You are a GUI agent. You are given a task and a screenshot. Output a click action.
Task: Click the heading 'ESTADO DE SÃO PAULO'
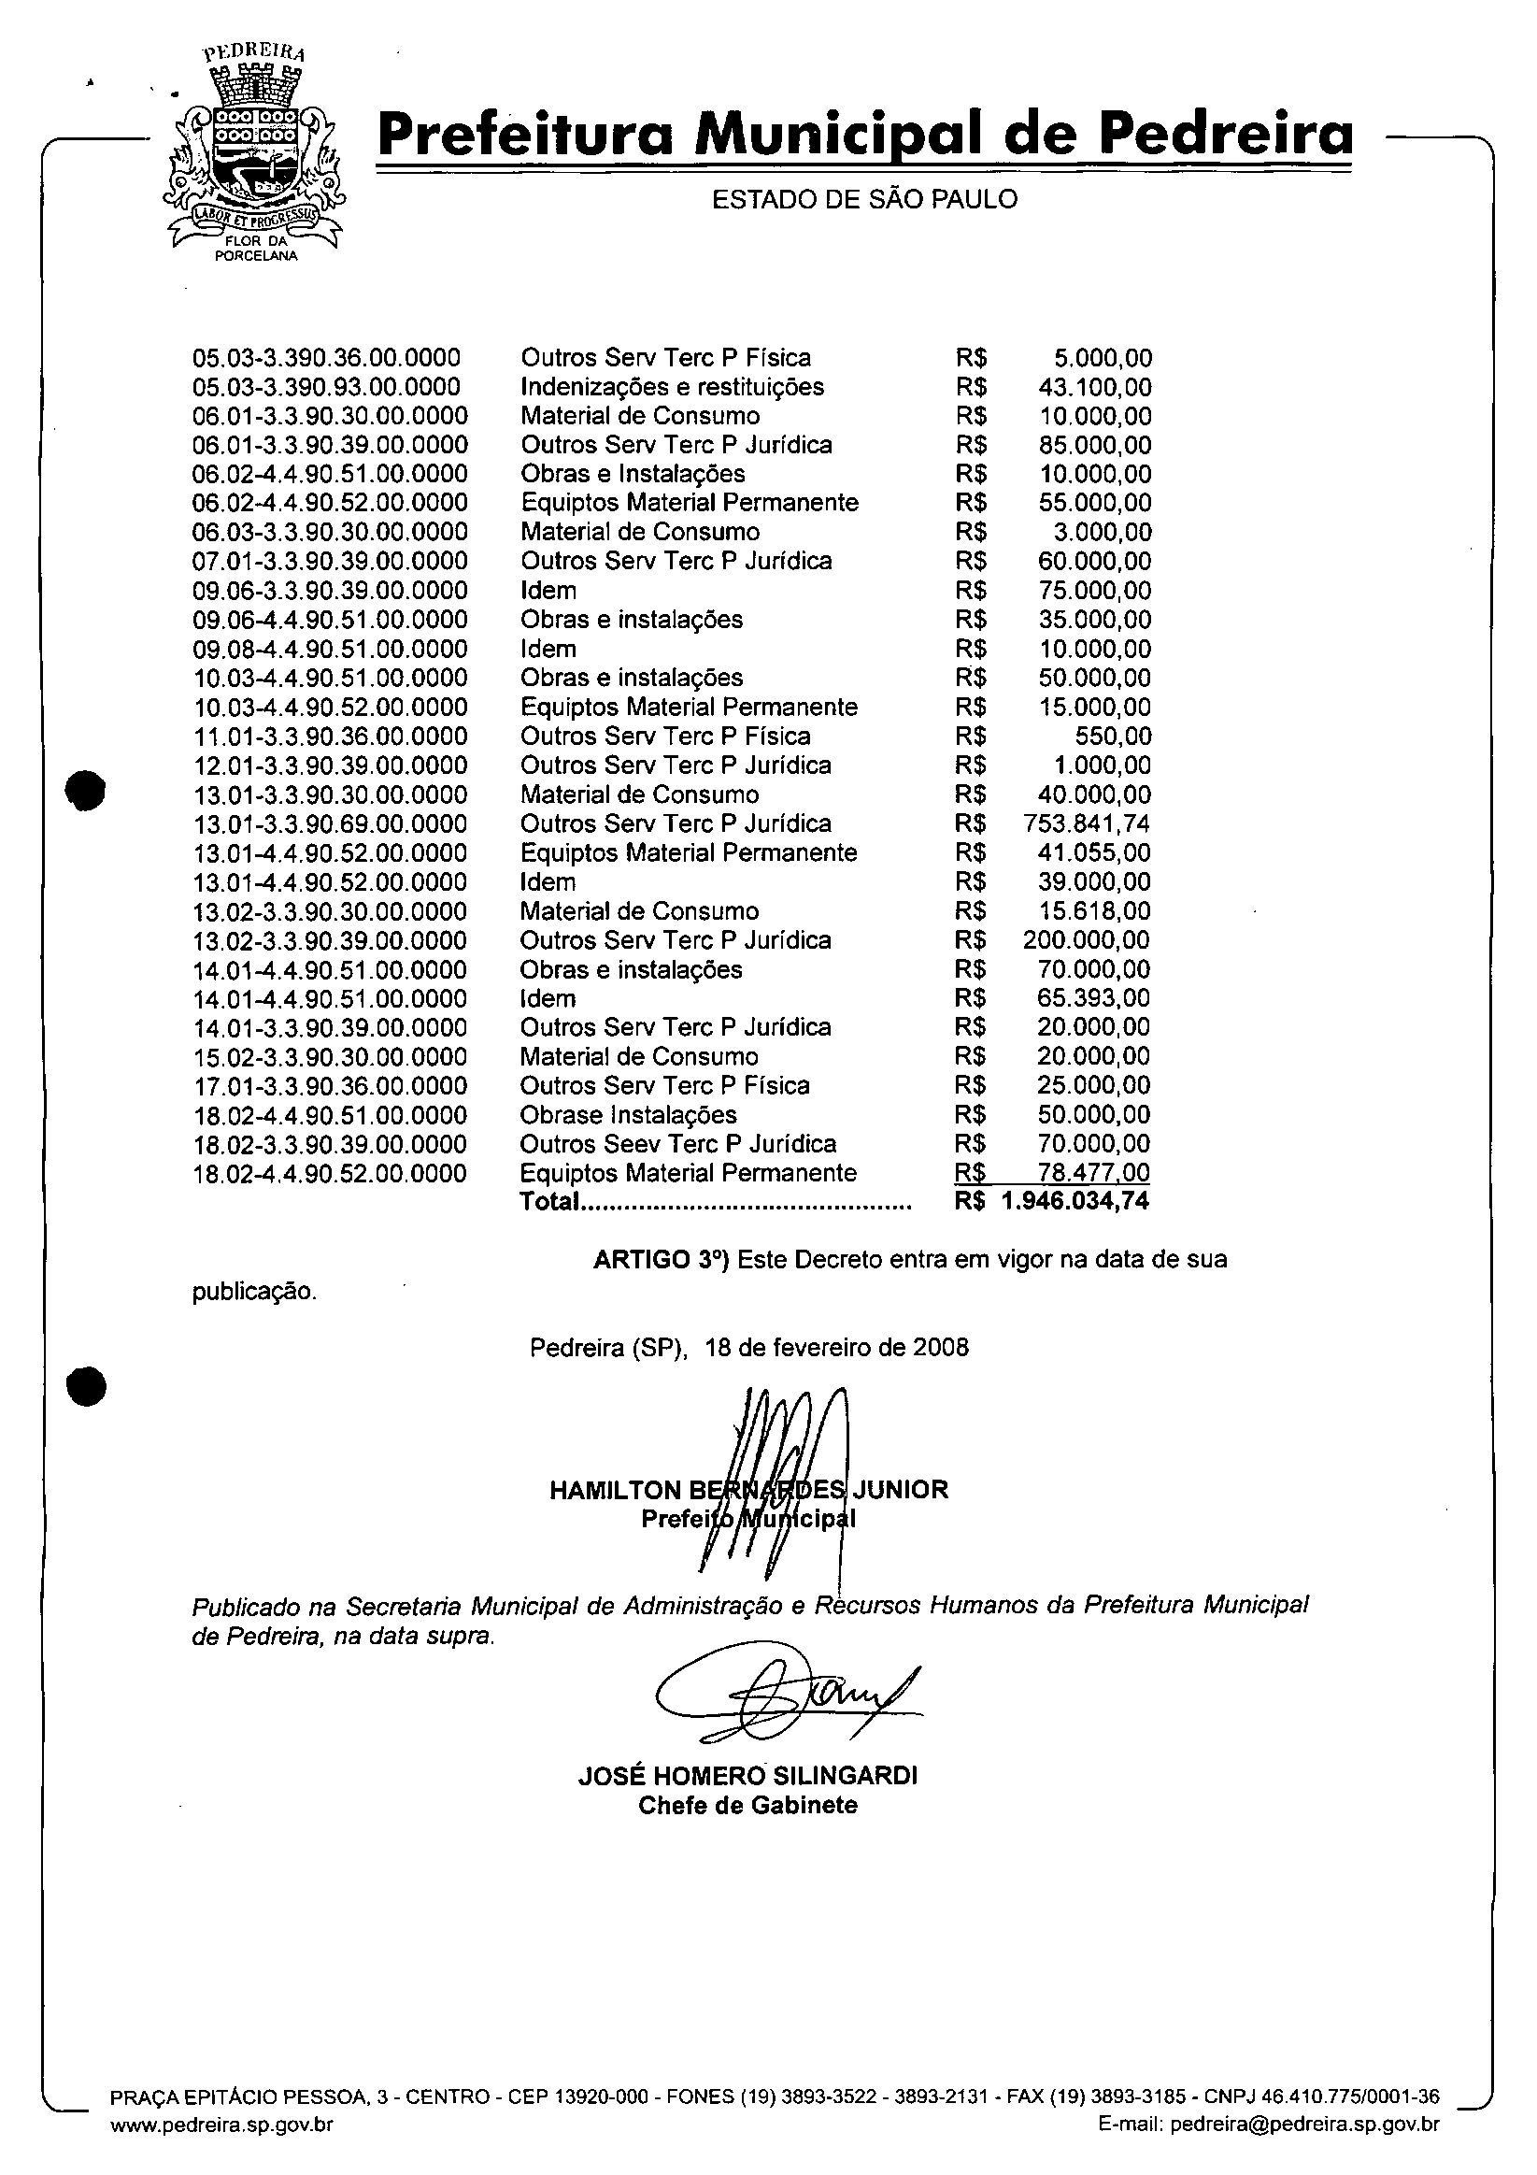(863, 200)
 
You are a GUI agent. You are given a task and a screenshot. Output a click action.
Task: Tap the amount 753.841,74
(1088, 823)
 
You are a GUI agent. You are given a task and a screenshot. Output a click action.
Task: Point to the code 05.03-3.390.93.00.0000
(327, 387)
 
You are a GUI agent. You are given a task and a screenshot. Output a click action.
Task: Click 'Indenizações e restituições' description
(672, 387)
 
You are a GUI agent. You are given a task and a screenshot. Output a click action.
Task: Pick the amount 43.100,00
(1095, 387)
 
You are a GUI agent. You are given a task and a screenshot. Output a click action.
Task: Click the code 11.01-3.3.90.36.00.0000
(331, 736)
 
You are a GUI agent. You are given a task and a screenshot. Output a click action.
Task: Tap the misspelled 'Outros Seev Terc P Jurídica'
(677, 1143)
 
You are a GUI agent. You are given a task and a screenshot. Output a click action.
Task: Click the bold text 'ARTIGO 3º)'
(660, 1259)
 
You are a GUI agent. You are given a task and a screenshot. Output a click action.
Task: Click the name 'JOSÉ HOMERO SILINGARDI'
(747, 1775)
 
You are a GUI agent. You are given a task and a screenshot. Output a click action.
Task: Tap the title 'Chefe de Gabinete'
(747, 1805)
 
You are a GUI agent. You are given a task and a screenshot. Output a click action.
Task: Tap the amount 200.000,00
(1087, 939)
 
